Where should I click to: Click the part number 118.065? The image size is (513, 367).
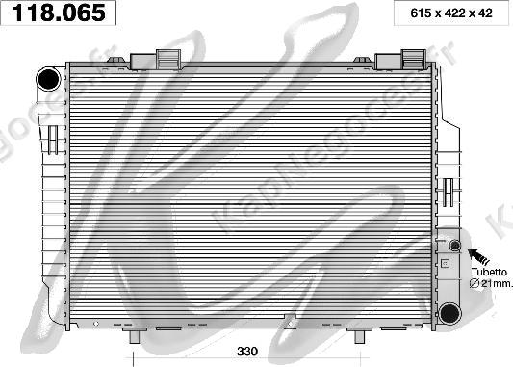pos(59,13)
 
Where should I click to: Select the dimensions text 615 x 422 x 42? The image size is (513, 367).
pos(451,13)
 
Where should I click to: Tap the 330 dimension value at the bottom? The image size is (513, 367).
pos(247,352)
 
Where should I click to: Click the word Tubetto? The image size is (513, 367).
pos(489,272)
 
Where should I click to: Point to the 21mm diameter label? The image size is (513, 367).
pos(490,283)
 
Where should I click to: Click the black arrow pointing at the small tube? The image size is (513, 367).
pos(478,256)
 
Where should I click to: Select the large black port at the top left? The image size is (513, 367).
pos(49,79)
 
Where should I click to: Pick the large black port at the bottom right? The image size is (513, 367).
pos(449,313)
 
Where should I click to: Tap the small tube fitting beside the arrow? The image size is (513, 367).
pos(454,245)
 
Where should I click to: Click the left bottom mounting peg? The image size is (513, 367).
pos(135,335)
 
